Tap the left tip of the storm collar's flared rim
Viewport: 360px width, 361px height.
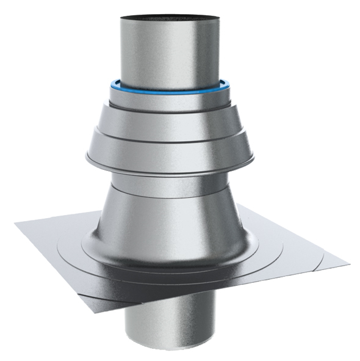tap(85, 162)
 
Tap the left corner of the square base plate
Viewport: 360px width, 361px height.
tap(15, 224)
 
